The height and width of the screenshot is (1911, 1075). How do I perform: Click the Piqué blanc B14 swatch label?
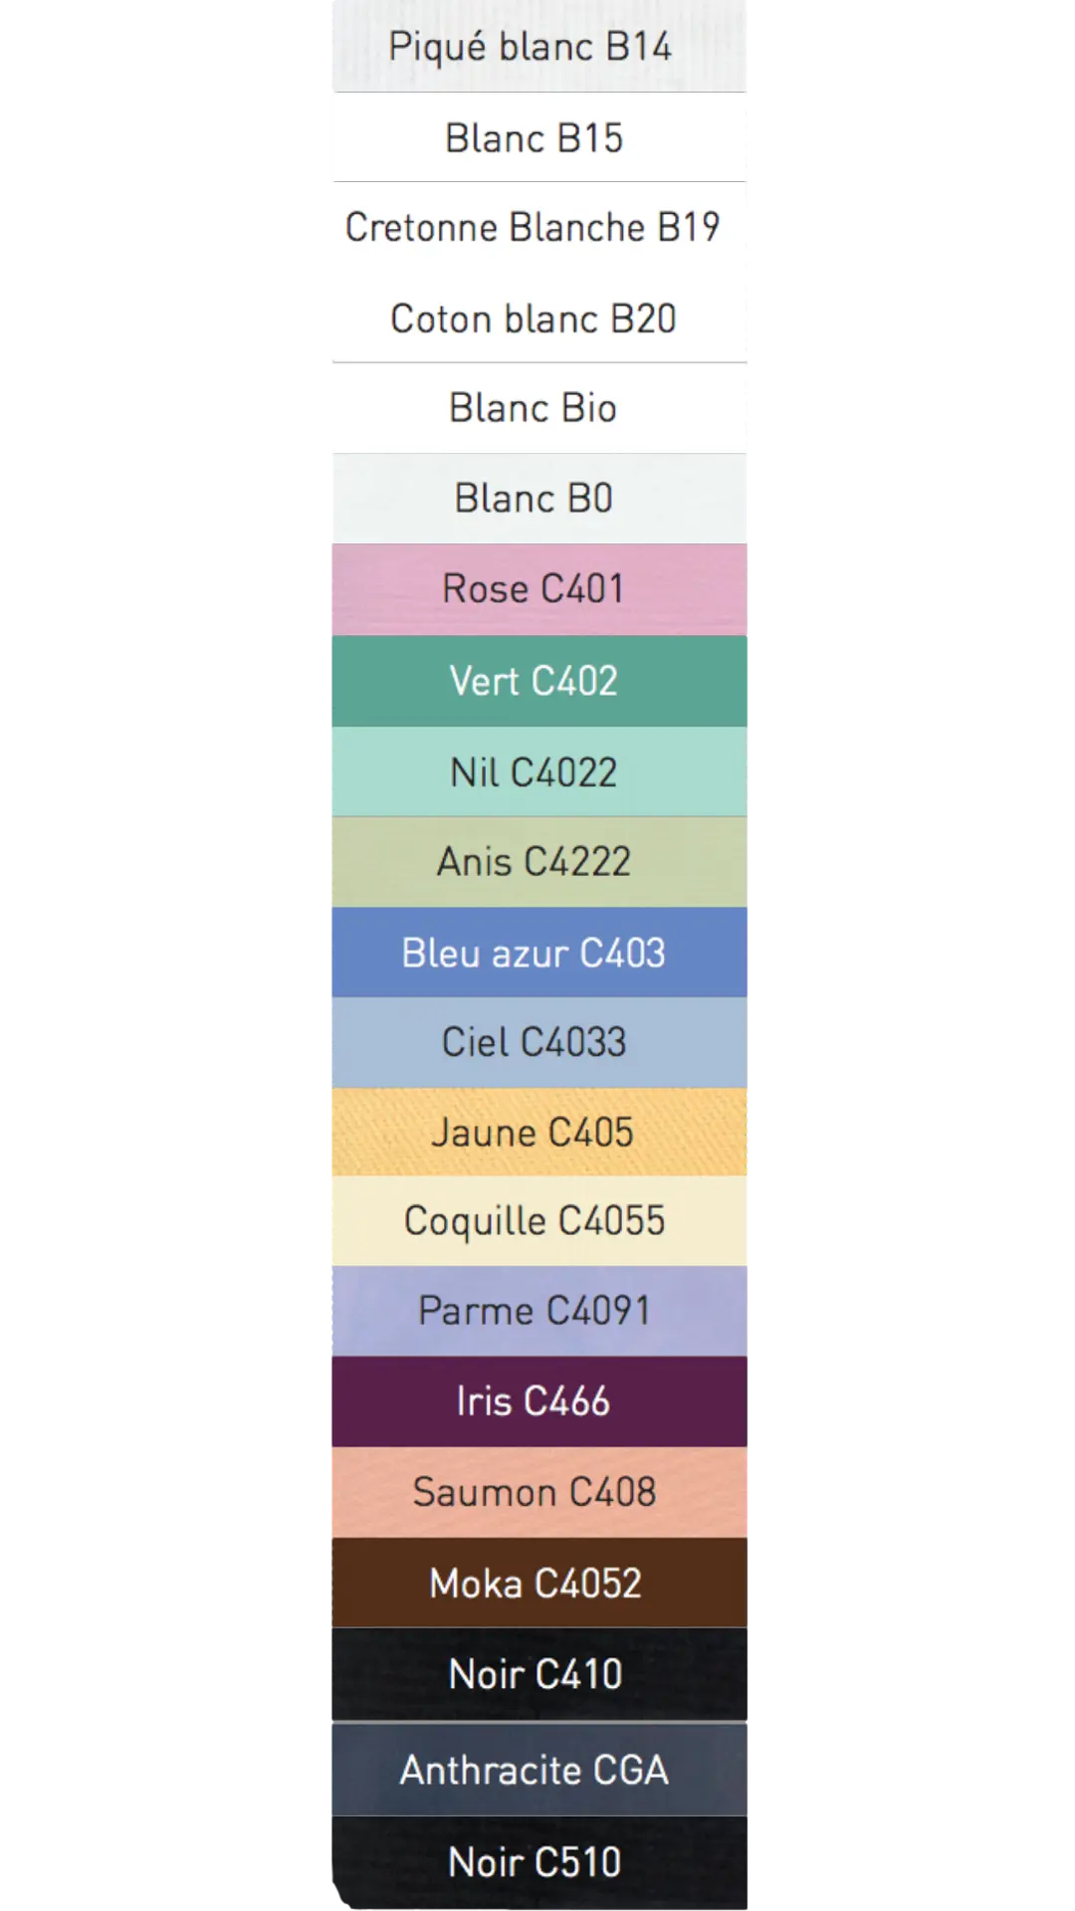[x=531, y=47]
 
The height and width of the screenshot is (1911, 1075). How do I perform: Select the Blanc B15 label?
[x=535, y=138]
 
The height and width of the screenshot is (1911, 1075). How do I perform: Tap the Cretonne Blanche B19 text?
[x=533, y=228]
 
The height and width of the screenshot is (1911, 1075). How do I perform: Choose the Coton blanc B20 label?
[x=534, y=319]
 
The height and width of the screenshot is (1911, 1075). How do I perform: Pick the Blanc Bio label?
[x=534, y=408]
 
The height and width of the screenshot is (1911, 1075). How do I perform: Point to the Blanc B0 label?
[x=534, y=499]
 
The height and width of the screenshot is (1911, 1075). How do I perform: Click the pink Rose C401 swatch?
[x=537, y=589]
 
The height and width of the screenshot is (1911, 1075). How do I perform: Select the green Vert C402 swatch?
[x=537, y=682]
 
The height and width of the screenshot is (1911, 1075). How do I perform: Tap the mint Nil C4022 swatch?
[x=537, y=772]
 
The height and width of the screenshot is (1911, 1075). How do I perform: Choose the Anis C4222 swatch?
[x=537, y=862]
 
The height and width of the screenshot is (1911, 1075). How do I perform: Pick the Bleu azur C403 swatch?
[x=537, y=953]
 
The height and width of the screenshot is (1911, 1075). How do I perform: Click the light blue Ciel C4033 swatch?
[x=537, y=1042]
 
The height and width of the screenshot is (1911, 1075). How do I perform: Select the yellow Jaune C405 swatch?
[x=537, y=1133]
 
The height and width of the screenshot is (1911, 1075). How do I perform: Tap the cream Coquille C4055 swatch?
[x=537, y=1221]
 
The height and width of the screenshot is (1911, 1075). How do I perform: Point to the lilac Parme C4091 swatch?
[x=537, y=1311]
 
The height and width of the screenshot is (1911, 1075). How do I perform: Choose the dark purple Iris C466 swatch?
[x=537, y=1401]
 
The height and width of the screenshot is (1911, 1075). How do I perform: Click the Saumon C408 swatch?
[x=537, y=1492]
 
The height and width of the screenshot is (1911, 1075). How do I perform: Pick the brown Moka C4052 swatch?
[x=537, y=1583]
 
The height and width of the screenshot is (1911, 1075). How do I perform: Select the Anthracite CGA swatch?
[x=537, y=1770]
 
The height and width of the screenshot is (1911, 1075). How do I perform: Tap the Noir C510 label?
[x=535, y=1862]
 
